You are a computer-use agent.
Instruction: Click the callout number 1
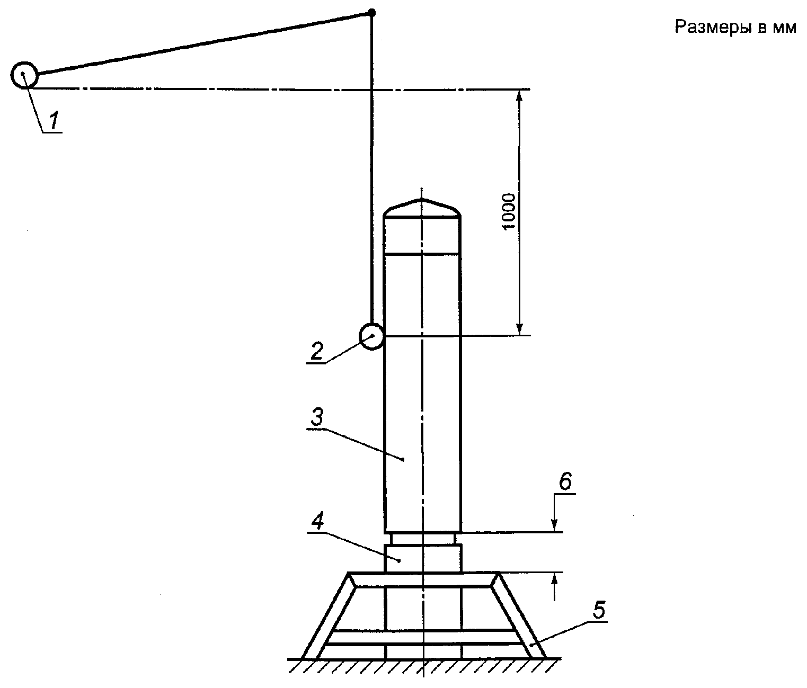(54, 120)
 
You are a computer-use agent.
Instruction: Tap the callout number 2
(316, 351)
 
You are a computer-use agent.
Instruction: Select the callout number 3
(317, 417)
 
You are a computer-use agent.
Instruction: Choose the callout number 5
(599, 610)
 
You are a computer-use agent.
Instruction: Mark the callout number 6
(565, 481)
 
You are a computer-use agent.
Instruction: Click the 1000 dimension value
(508, 212)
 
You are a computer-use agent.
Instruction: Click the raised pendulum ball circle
(24, 75)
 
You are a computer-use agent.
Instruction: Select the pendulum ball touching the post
(371, 336)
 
